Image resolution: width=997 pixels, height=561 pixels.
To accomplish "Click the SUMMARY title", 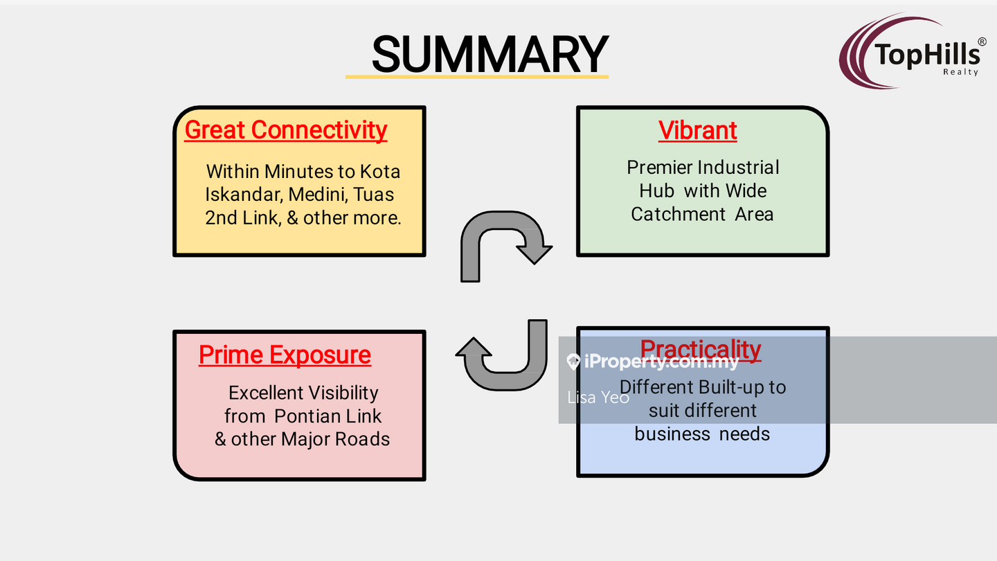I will click(489, 54).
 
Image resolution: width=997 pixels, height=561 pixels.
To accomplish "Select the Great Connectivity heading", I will click(285, 130).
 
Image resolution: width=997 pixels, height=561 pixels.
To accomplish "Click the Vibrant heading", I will click(697, 130).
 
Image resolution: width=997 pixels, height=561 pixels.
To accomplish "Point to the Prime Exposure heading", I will click(285, 355).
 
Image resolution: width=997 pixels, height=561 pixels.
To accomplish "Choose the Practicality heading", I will click(700, 349).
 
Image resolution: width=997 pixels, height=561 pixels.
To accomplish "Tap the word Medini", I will click(318, 195).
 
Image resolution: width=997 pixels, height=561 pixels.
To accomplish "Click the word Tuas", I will click(374, 195).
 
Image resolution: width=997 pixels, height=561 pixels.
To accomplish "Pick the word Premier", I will click(660, 168).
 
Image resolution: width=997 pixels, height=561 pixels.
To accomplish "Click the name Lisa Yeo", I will click(598, 397).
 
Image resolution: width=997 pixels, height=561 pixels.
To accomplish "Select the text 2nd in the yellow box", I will click(220, 217).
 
